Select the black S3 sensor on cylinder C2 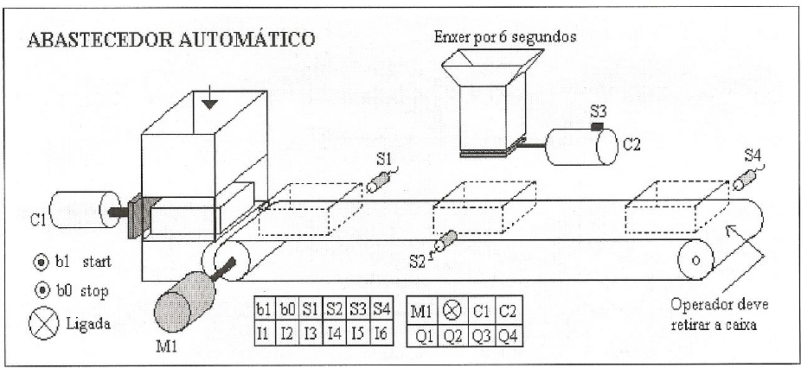point(596,128)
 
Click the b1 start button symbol point(38,260)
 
